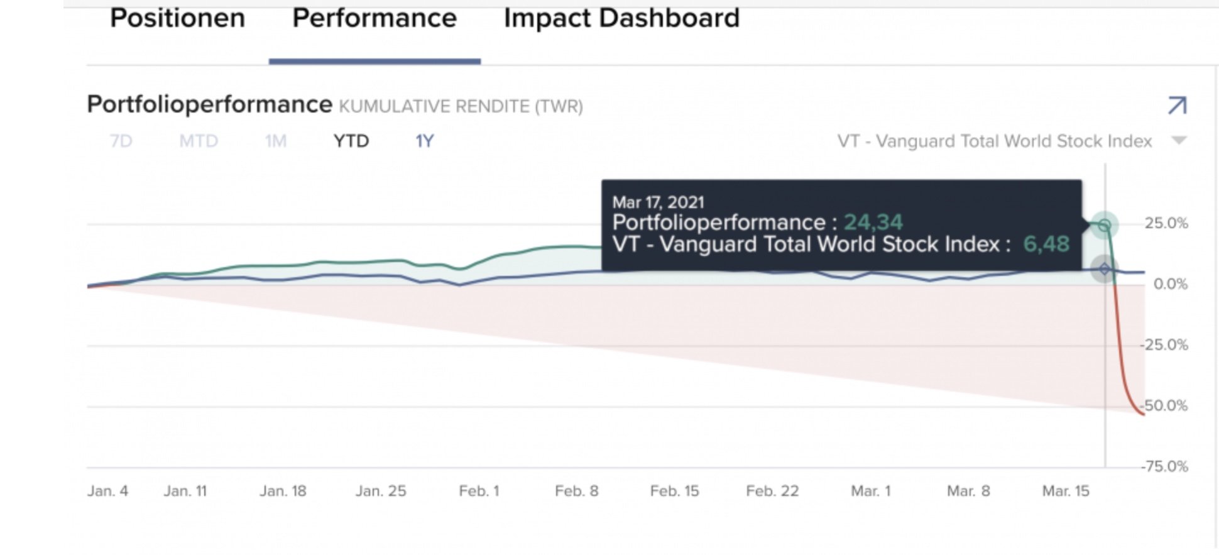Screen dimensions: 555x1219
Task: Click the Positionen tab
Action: [177, 19]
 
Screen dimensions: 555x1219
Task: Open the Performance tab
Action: [374, 19]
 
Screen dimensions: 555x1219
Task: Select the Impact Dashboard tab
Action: [621, 19]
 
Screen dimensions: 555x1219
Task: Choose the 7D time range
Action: [121, 141]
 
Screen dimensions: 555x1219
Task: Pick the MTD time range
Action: [199, 141]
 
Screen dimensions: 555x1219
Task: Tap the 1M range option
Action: [275, 141]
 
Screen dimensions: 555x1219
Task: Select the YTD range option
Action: [351, 141]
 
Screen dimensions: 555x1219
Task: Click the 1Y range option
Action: [425, 141]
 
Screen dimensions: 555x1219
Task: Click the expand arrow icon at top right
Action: [1177, 106]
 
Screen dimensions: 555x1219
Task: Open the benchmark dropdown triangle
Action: [1179, 140]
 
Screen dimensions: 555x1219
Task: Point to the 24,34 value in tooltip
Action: [873, 223]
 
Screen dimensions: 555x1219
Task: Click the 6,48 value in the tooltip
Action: [1046, 244]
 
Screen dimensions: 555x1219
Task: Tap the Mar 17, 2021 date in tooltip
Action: [658, 202]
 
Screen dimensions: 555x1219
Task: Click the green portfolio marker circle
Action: [1105, 225]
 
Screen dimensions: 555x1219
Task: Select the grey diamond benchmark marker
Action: [1105, 270]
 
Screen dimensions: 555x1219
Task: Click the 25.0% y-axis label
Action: [1166, 223]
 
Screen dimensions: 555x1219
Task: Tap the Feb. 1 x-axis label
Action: [479, 491]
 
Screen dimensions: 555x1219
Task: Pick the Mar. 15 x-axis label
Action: [1066, 491]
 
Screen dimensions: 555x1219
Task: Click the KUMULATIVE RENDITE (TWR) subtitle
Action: [461, 106]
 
